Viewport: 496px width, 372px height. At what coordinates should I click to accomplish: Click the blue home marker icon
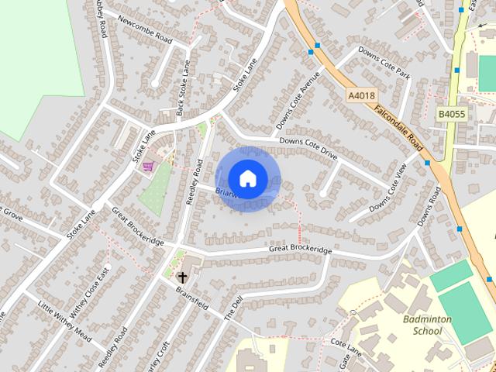pos(247,178)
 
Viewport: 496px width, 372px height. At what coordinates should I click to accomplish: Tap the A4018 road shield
pos(360,95)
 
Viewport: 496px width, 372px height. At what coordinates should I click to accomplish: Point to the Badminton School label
pos(422,325)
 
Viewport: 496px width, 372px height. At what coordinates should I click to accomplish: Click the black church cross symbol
pos(183,277)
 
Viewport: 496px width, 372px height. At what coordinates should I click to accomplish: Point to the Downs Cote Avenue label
pos(294,101)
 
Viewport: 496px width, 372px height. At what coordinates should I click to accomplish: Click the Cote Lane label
pos(346,342)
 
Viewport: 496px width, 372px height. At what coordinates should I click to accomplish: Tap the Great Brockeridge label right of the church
pos(301,250)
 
